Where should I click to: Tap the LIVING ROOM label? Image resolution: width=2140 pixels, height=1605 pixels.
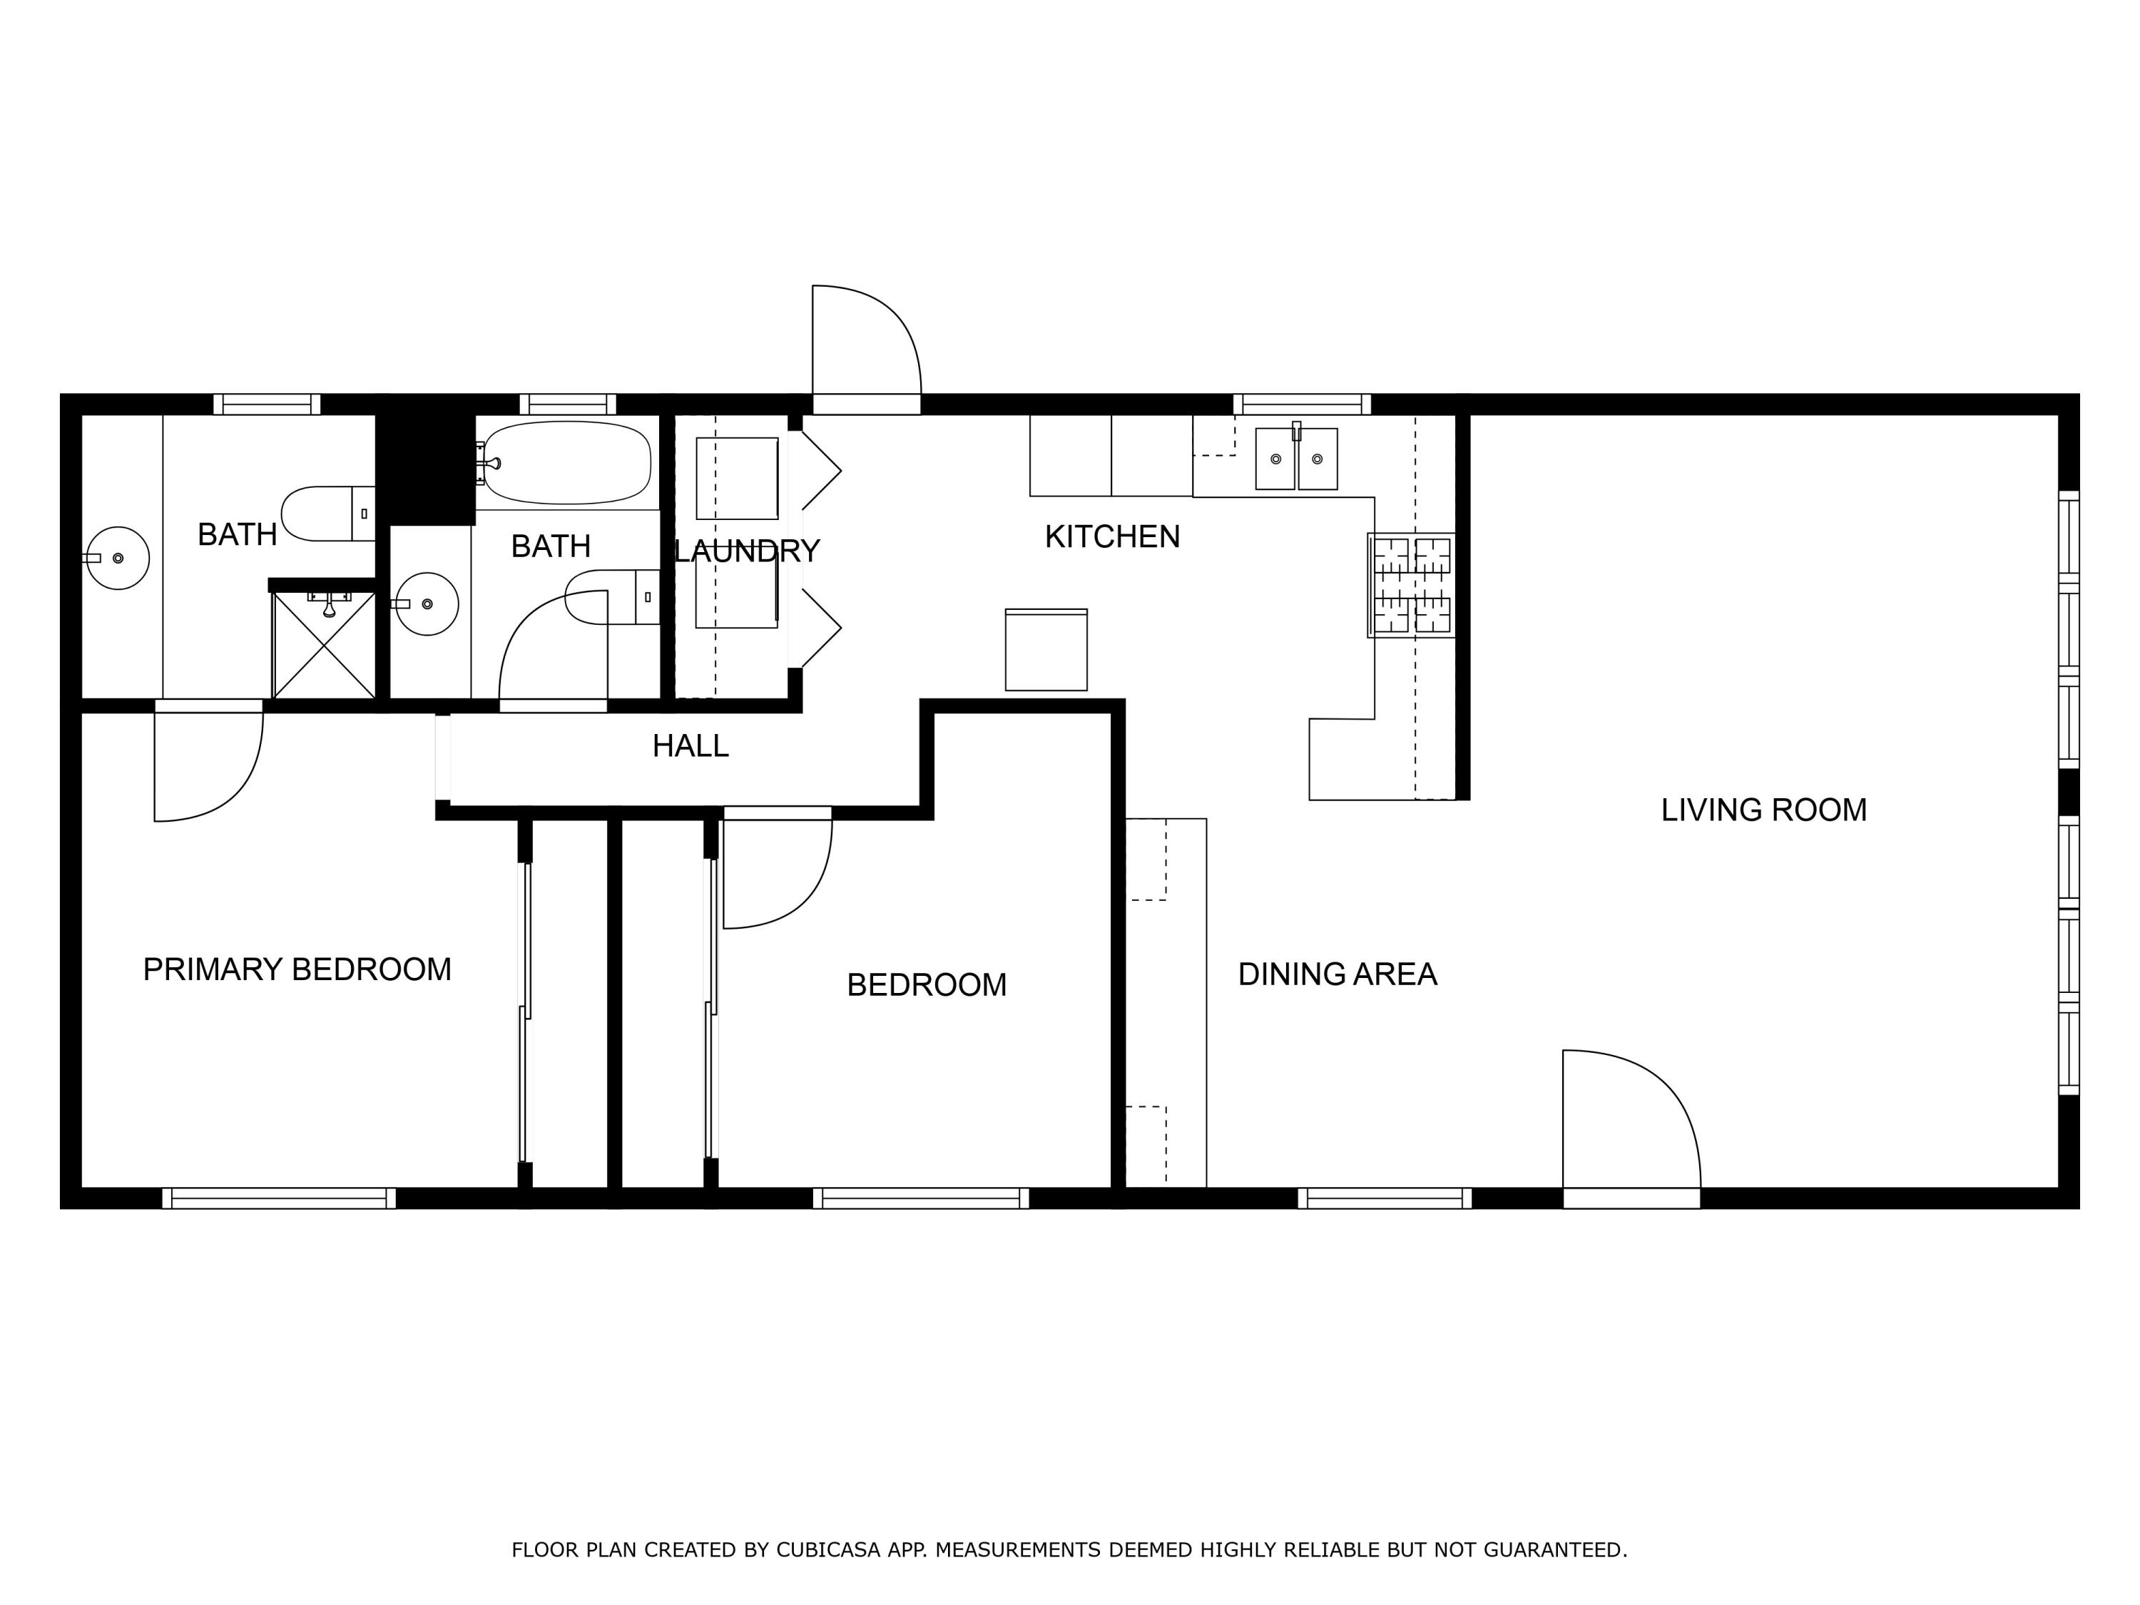(1763, 810)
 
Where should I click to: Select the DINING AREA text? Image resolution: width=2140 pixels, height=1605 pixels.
(1337, 974)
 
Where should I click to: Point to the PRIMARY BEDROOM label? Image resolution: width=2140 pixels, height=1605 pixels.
(297, 969)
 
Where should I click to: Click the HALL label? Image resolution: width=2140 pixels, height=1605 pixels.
(690, 746)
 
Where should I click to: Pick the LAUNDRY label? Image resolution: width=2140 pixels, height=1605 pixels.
(746, 551)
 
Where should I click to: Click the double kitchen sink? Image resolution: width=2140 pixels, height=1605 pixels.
(1295, 459)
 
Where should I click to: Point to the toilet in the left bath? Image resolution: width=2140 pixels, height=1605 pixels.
(327, 514)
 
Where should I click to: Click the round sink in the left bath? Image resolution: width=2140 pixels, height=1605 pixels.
(117, 559)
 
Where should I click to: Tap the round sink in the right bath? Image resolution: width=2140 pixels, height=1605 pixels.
(427, 603)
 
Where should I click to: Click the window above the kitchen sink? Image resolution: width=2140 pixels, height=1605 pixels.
(1301, 404)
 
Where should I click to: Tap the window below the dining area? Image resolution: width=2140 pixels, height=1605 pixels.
(1385, 1198)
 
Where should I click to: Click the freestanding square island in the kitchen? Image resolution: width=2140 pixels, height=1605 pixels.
(1046, 650)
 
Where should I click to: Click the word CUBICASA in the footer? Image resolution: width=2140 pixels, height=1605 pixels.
(827, 1550)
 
